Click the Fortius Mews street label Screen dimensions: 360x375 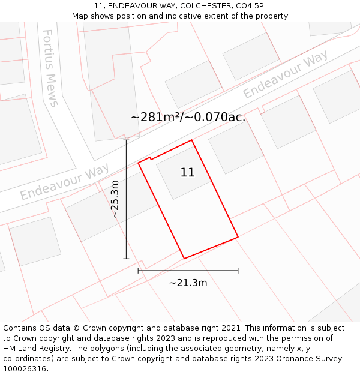(50, 68)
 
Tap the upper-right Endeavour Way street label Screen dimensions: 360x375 (285, 75)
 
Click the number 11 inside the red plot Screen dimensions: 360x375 (187, 173)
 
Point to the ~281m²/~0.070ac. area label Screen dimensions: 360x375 (188, 117)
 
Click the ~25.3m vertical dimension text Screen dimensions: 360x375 (115, 199)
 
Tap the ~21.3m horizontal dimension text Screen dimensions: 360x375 (188, 283)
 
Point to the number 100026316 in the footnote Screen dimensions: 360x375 (25, 369)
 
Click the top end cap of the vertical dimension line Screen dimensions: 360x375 (126, 140)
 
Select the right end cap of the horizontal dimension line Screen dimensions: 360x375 (238, 271)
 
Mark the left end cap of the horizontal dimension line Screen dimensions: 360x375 (138, 271)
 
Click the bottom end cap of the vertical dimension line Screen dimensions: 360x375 (126, 259)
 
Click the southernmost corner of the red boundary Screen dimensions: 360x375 (184, 259)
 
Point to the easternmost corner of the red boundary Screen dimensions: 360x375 (238, 237)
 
